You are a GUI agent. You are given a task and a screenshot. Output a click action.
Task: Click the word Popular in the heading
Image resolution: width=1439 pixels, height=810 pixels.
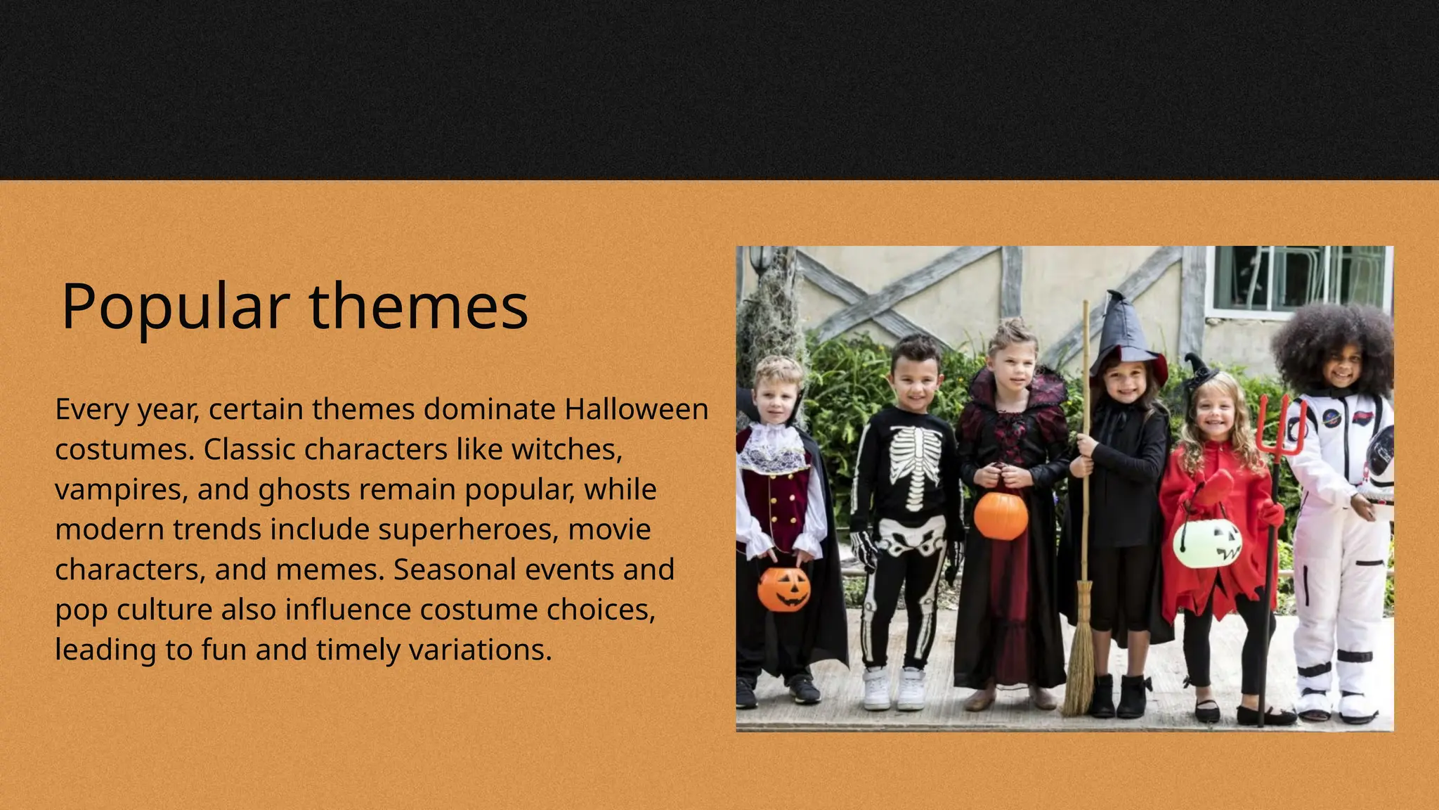[x=175, y=307]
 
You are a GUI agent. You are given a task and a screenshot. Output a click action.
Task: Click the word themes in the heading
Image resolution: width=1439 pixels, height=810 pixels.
[x=418, y=307]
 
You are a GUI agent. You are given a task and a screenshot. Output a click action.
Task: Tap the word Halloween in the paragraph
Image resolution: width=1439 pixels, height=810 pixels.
[x=636, y=409]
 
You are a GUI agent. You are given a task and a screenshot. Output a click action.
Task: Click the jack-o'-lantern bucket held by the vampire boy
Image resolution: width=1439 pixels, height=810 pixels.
[x=783, y=589]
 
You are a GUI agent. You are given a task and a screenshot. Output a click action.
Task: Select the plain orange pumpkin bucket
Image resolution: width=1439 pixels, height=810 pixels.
[x=1001, y=515]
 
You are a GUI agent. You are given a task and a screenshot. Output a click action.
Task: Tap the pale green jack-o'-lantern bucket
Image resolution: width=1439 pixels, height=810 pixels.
[x=1207, y=544]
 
